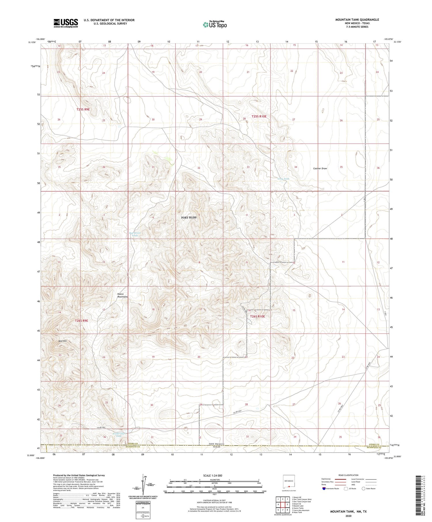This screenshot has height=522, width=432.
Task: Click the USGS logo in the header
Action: (66, 23)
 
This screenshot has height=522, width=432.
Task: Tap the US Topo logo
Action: (215, 24)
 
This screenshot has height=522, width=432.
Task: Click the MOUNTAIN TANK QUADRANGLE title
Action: (357, 20)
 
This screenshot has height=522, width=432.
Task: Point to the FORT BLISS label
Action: (189, 217)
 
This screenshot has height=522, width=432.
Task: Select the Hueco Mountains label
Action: (122, 295)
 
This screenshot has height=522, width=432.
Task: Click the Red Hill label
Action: (62, 341)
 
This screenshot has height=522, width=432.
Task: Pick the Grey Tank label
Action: (283, 179)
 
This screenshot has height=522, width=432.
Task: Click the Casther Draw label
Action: (320, 168)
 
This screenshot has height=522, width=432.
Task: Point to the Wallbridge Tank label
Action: (118, 435)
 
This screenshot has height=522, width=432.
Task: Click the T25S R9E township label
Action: (83, 109)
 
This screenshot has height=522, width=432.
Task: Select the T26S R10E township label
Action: (257, 316)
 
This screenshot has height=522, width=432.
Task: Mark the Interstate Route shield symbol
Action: (324, 489)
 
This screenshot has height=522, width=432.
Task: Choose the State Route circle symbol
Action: (363, 489)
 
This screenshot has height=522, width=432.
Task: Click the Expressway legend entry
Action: (327, 479)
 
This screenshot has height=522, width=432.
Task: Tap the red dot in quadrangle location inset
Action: (289, 487)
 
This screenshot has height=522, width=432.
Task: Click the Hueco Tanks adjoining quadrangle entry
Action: (298, 508)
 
